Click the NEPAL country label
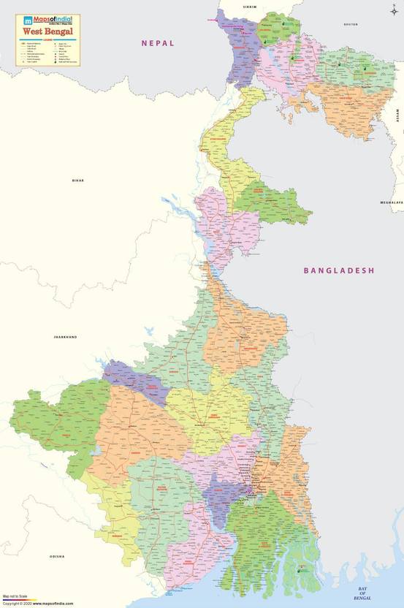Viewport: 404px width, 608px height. click(158, 44)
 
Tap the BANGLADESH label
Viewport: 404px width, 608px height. click(338, 270)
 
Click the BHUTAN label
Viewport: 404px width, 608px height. click(351, 24)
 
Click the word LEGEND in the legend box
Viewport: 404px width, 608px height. click(47, 41)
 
